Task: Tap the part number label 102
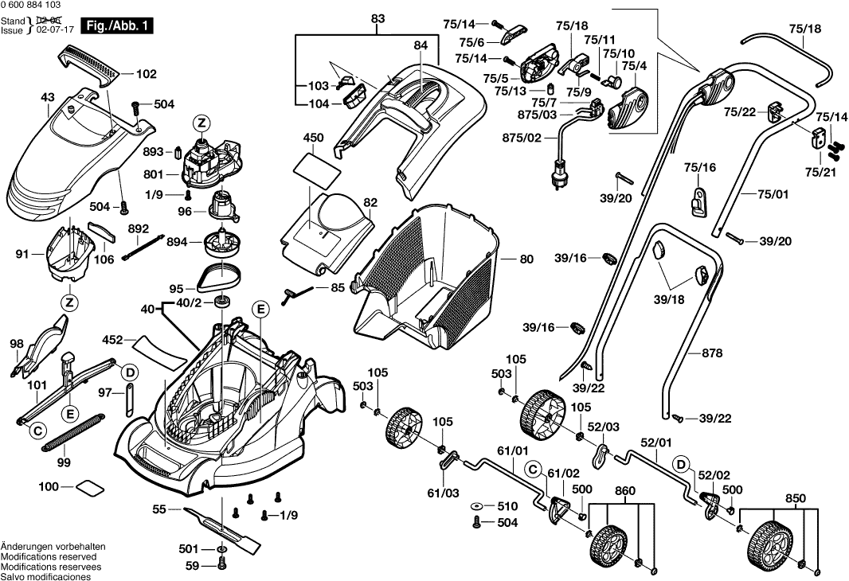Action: pos(146,74)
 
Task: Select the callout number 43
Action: pos(47,98)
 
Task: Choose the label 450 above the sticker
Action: pos(313,138)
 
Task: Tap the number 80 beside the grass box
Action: pos(526,259)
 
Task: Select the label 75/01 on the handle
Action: pos(772,193)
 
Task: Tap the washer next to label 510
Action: pos(475,506)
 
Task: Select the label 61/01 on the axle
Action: pos(512,451)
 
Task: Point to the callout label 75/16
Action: pos(700,167)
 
